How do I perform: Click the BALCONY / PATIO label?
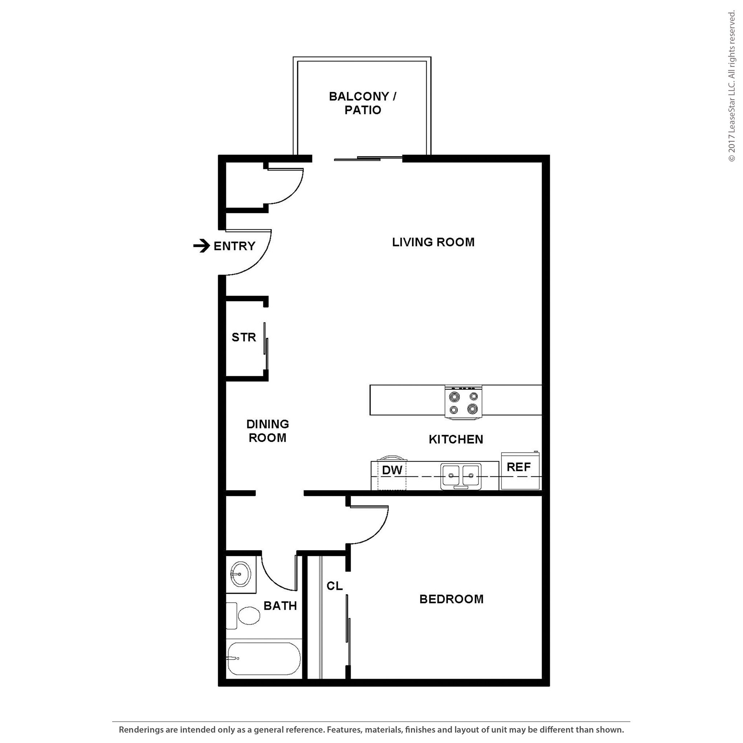point(362,103)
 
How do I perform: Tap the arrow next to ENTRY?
point(201,246)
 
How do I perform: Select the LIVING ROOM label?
point(433,242)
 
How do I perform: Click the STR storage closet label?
point(243,337)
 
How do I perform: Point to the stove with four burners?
point(463,402)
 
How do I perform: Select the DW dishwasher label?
point(392,469)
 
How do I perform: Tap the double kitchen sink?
point(461,476)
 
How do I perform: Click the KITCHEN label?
point(456,439)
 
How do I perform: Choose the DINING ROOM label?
point(267,431)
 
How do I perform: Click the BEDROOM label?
point(451,599)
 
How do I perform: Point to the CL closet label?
point(334,586)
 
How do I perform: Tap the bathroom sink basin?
point(241,574)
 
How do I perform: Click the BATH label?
point(280,606)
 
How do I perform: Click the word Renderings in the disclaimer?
point(140,730)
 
